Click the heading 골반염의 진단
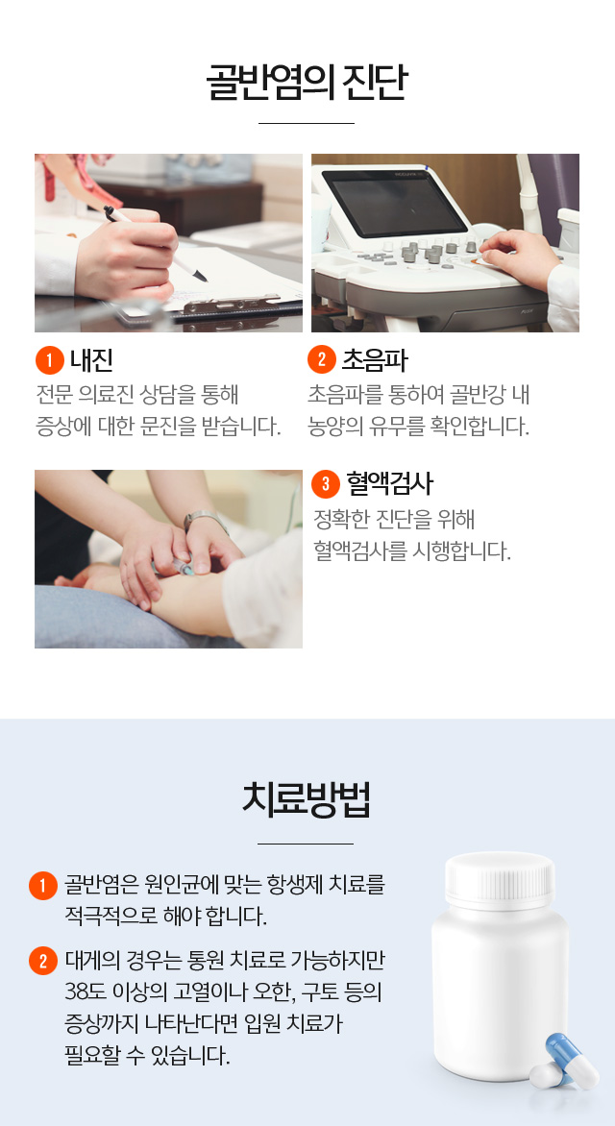(x=307, y=83)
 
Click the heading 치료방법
(x=307, y=799)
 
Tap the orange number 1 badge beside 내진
(x=50, y=360)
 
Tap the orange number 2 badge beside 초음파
(x=322, y=359)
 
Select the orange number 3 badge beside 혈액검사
(x=326, y=484)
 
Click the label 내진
(x=92, y=360)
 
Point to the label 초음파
(x=375, y=360)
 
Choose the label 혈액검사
(x=389, y=484)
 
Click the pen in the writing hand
(x=155, y=244)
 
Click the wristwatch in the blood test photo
(x=205, y=520)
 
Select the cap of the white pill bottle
(x=500, y=879)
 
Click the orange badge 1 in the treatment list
(x=43, y=886)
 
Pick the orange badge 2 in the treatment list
(x=43, y=961)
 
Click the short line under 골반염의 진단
(x=307, y=124)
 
